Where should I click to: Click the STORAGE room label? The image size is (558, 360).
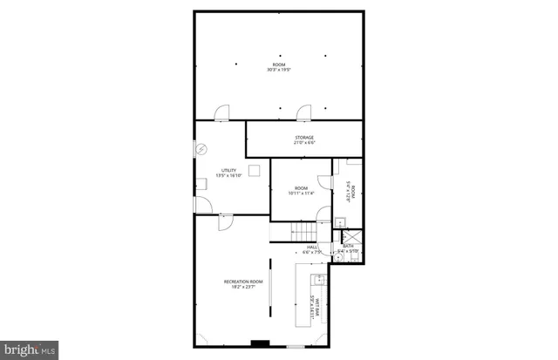coord(303,138)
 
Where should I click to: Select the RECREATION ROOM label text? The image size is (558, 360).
coord(243,282)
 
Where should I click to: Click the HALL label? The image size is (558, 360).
coord(312,248)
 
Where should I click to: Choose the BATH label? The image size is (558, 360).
coord(348,246)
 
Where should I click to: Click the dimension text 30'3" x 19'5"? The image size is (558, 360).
coord(278,70)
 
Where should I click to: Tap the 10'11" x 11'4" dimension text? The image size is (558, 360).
coord(301,194)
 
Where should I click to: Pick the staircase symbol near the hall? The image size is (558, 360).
coord(302,232)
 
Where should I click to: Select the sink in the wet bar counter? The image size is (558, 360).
coord(318,280)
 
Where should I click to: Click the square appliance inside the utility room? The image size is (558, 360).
coord(255,170)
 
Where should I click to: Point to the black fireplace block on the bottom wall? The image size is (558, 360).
coord(258,343)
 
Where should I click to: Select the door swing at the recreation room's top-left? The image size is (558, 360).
coord(225,221)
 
